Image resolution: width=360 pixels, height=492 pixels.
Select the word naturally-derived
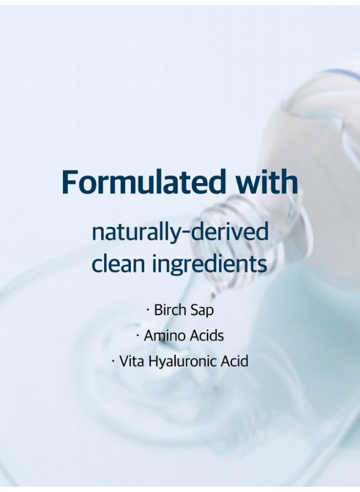pos(180,233)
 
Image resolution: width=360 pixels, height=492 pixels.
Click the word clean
pos(118,264)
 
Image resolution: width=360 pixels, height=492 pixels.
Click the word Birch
pos(168,310)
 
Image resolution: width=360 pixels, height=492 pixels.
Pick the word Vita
pos(132,361)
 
